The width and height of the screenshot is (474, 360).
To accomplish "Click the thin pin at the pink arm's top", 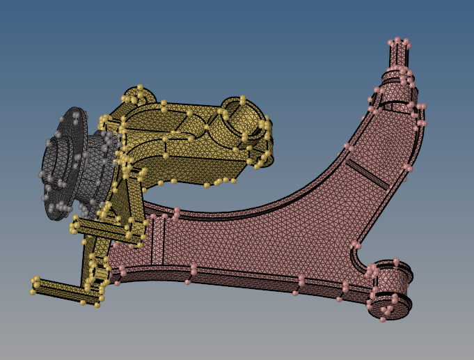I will click(397, 53).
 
